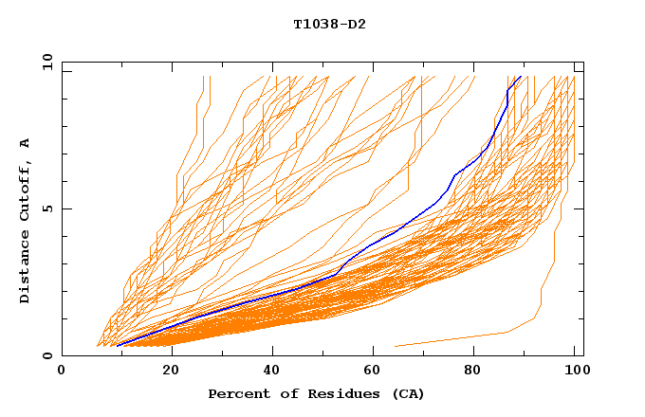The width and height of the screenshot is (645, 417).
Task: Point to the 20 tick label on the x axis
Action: tap(170, 371)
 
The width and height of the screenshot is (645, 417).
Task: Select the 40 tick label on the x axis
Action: tap(272, 371)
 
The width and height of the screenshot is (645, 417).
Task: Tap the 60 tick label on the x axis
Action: tap(375, 371)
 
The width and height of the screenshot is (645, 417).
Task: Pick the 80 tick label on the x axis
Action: tap(477, 371)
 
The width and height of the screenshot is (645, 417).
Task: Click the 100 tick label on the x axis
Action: tap(576, 371)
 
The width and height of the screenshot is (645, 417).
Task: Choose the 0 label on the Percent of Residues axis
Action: tap(62, 371)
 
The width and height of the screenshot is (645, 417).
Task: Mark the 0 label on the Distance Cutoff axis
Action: tap(46, 355)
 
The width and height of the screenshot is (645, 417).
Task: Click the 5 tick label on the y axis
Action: tap(46, 208)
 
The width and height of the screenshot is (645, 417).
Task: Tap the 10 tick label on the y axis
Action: tap(44, 61)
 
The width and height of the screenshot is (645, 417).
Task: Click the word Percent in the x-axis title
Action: tap(235, 393)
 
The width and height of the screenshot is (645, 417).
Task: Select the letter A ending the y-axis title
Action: tap(25, 143)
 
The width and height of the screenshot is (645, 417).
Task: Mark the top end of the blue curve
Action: tap(521, 76)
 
